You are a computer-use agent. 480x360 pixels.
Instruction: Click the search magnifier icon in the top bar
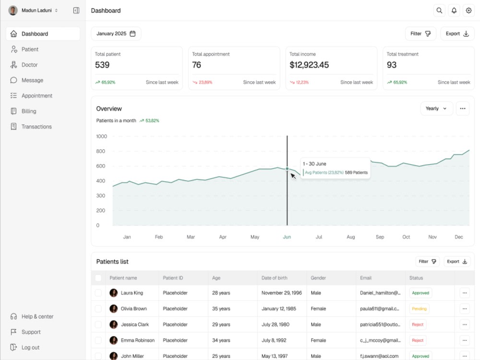tap(439, 11)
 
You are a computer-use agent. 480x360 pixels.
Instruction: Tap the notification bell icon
tap(454, 11)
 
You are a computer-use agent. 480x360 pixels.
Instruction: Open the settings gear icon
tap(468, 11)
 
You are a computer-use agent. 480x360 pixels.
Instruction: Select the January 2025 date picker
tap(116, 34)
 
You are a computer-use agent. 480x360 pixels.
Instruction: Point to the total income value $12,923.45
tap(309, 65)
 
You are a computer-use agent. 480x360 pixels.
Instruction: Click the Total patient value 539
tap(102, 65)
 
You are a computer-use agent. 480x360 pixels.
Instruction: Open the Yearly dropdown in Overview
tap(436, 108)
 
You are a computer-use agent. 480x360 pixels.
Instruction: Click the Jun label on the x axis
tap(287, 237)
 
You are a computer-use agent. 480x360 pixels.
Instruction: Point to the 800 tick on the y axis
tap(100, 151)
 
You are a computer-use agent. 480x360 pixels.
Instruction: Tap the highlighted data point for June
tap(287, 168)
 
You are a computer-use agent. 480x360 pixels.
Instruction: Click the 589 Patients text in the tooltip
tap(356, 173)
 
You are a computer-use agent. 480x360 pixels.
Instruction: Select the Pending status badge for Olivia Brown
tap(419, 309)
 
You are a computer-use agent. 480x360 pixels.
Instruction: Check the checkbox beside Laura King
tap(98, 293)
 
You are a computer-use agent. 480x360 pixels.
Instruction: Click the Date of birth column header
tap(274, 278)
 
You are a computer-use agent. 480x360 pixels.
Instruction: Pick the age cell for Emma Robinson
tap(221, 340)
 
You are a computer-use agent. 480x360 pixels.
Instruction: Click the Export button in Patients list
tap(457, 262)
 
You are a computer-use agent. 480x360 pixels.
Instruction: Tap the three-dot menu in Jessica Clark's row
tap(465, 324)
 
